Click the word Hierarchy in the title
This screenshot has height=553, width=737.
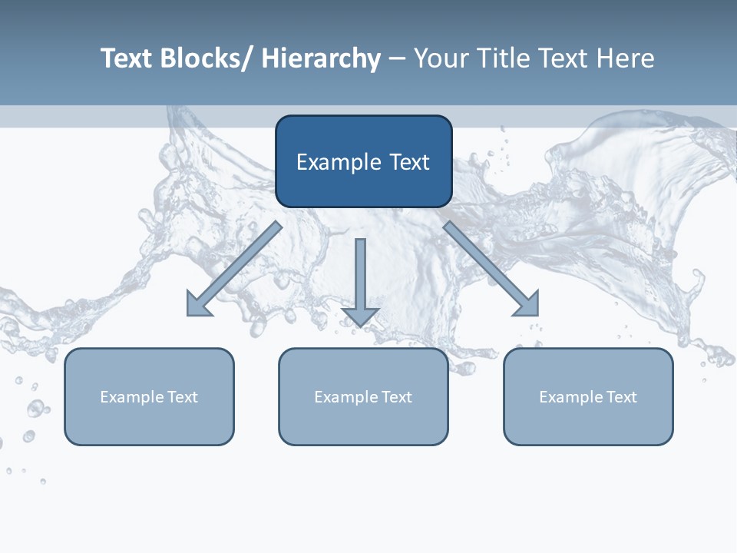pos(321,59)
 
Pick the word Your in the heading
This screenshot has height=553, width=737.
pos(439,59)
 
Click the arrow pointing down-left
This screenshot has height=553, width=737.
pos(234,270)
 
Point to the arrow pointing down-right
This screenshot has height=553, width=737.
pos(491,270)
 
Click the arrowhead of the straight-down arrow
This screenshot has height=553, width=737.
pos(360,316)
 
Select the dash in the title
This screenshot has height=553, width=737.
pos(397,59)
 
